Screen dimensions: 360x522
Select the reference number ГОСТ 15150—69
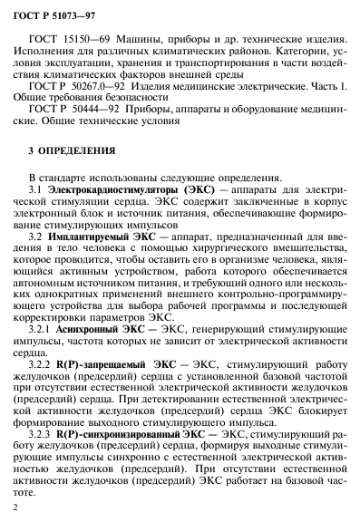click(x=85, y=43)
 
